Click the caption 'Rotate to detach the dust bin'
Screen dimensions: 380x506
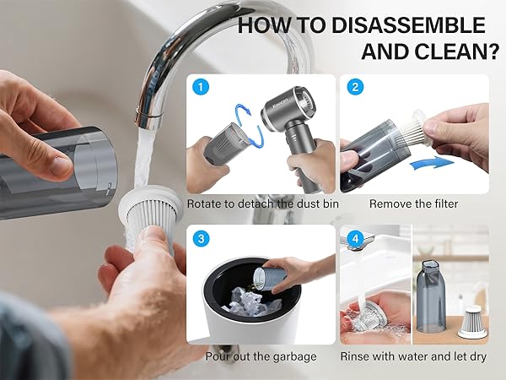(x=261, y=204)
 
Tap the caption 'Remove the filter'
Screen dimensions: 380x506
(x=414, y=204)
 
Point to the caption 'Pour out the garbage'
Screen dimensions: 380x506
(x=261, y=356)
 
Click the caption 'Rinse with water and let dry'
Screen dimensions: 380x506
(x=414, y=356)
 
